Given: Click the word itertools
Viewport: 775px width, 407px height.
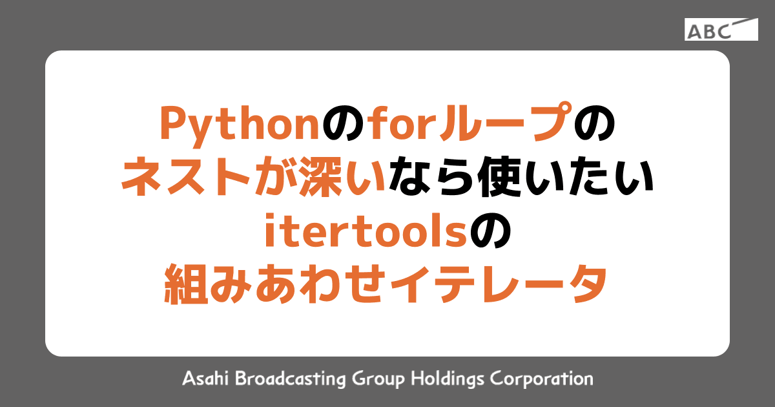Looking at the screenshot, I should (x=365, y=233).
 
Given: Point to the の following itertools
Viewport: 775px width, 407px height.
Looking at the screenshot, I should (x=490, y=233).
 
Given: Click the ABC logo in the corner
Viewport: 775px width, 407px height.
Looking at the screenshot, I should (x=721, y=30).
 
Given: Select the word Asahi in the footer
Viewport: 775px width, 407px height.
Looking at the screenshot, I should (x=205, y=378).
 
